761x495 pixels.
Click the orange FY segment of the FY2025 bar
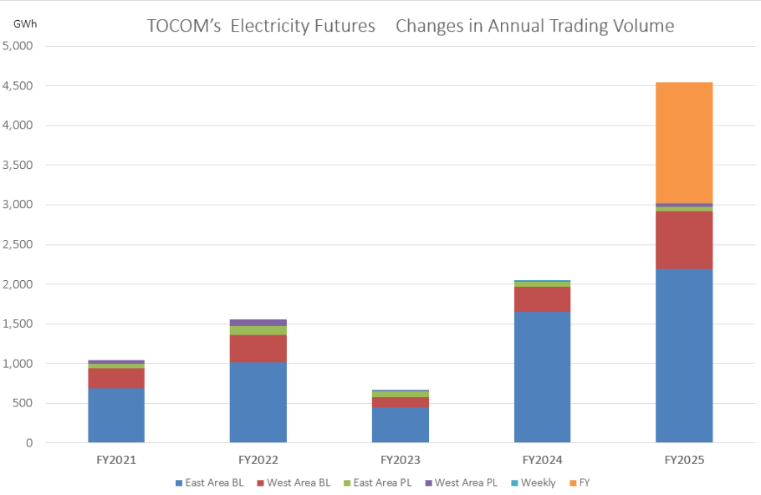click(x=684, y=142)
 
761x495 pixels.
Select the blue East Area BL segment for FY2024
click(x=542, y=377)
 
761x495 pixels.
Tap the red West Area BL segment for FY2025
click(x=684, y=240)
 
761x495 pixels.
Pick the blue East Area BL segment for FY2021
click(x=116, y=415)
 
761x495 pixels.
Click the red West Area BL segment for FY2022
click(x=258, y=349)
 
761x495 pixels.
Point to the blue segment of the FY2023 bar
click(x=400, y=425)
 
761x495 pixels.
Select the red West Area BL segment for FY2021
click(x=116, y=378)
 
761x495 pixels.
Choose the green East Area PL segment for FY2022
click(x=258, y=330)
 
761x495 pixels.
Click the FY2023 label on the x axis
click(x=400, y=460)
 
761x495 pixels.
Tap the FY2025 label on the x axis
click(x=684, y=460)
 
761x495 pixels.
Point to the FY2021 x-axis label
click(x=116, y=460)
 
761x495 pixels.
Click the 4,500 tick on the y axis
click(x=18, y=86)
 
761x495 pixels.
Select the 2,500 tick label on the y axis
click(x=18, y=245)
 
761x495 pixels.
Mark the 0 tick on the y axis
click(x=28, y=443)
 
